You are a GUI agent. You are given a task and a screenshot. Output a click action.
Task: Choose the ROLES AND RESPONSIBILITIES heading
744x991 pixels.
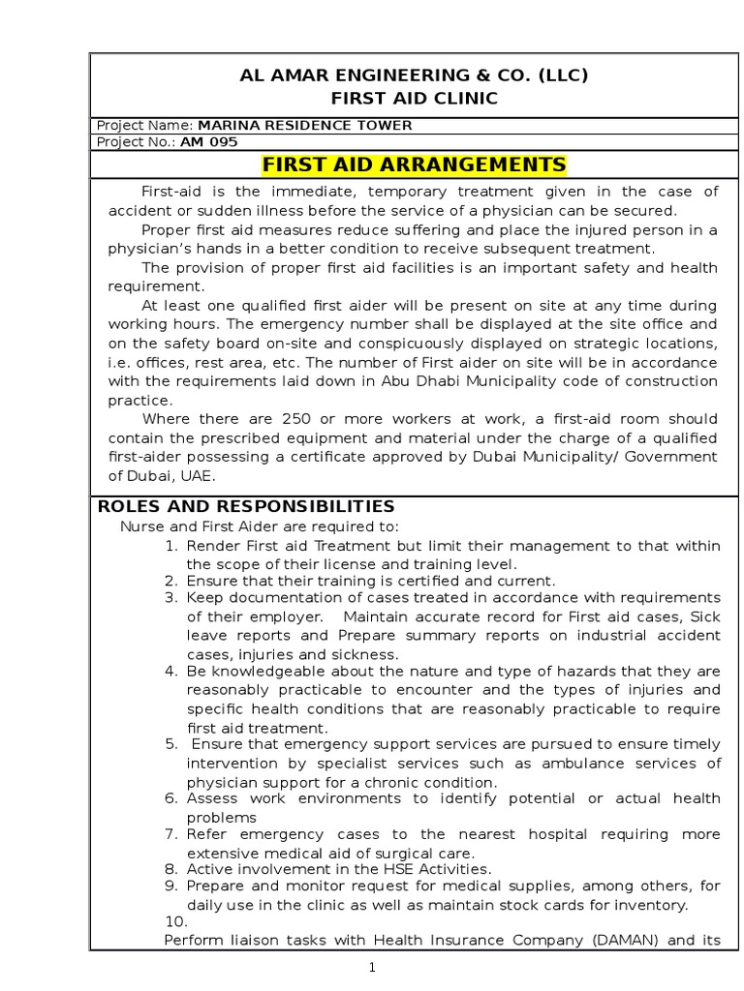point(246,506)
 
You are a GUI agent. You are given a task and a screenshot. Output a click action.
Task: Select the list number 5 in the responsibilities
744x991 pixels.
point(170,744)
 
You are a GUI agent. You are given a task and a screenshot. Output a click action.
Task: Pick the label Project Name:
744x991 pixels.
point(145,125)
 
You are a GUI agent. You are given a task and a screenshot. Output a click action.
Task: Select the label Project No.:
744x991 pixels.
point(137,142)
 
